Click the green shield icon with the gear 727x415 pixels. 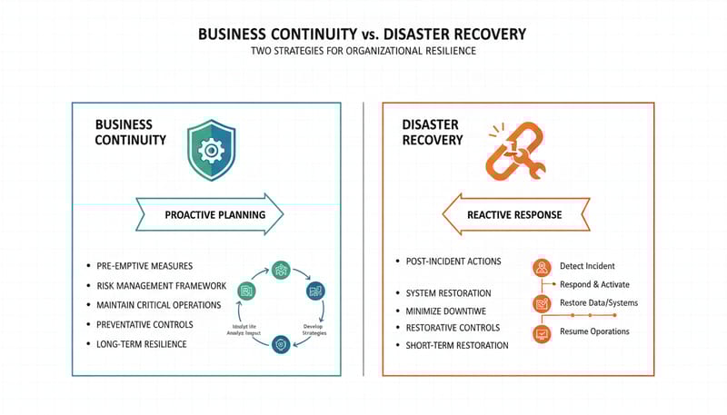click(211, 152)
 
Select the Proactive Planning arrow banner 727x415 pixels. click(210, 215)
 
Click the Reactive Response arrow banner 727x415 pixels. click(514, 215)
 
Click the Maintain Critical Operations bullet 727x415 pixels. click(159, 305)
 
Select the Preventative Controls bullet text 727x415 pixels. click(144, 324)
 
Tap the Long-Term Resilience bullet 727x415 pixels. click(142, 344)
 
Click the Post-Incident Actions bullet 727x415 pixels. click(453, 262)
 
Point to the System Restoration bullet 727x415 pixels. click(448, 293)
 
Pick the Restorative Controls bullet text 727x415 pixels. click(453, 328)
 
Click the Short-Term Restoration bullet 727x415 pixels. click(457, 345)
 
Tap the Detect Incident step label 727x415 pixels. click(587, 266)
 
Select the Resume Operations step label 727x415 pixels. click(594, 331)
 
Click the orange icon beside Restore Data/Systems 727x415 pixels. click(542, 303)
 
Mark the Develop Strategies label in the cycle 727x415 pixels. click(314, 330)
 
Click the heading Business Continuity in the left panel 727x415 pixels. click(131, 133)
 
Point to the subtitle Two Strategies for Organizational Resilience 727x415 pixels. click(363, 52)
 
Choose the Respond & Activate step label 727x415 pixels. click(594, 284)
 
